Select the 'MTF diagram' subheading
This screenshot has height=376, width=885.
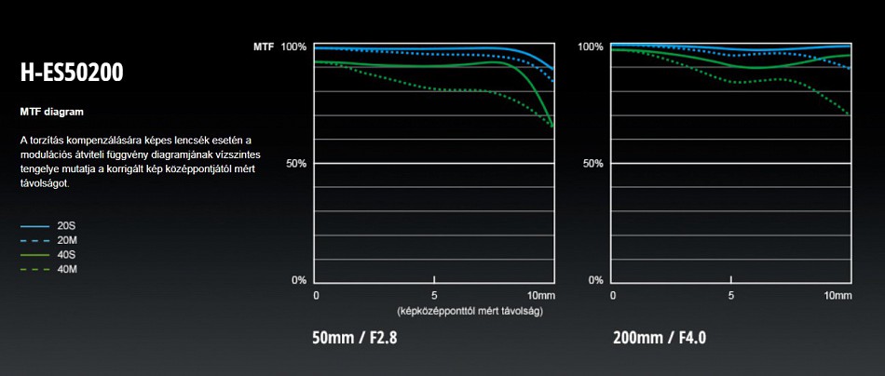[51, 112]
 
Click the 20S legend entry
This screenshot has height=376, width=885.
[66, 225]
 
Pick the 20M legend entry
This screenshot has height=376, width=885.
[66, 240]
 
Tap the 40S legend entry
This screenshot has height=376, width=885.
[66, 254]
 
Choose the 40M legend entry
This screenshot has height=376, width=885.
[66, 269]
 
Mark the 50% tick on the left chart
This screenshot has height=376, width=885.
[296, 164]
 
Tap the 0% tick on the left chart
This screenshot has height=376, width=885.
[299, 280]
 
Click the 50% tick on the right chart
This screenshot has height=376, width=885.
[592, 164]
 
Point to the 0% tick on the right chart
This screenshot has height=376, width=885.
[595, 280]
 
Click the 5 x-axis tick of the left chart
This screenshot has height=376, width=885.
[435, 295]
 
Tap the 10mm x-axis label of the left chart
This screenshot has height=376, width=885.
[540, 295]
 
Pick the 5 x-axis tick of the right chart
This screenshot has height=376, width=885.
[731, 295]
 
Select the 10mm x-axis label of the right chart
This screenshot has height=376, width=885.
[837, 295]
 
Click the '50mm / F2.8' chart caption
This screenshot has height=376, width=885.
[355, 338]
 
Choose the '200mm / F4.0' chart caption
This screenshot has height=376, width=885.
[659, 338]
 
